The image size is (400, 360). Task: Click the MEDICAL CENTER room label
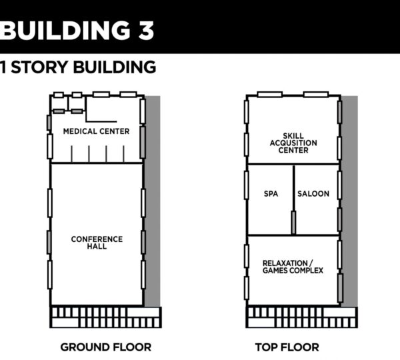click(96, 131)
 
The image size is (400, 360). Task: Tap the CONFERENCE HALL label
click(97, 243)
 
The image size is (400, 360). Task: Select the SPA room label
click(271, 193)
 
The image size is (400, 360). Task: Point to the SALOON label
click(313, 193)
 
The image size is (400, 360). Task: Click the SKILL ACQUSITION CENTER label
click(293, 143)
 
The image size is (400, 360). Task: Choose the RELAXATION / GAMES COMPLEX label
click(293, 267)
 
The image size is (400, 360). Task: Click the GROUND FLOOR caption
click(106, 347)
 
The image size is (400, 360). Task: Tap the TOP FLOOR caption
click(287, 347)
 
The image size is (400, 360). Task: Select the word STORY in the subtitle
click(40, 67)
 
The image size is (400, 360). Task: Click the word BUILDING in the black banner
click(65, 30)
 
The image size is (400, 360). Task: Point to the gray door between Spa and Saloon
click(293, 222)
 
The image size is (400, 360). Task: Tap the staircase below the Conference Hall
click(105, 317)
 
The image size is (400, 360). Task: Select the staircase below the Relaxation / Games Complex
click(301, 317)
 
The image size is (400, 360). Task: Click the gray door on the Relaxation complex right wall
click(340, 288)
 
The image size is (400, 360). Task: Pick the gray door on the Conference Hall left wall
click(49, 242)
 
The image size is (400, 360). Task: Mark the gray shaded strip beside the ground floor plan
click(153, 201)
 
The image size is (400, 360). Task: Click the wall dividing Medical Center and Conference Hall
click(97, 163)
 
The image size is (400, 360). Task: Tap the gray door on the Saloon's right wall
click(339, 220)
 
